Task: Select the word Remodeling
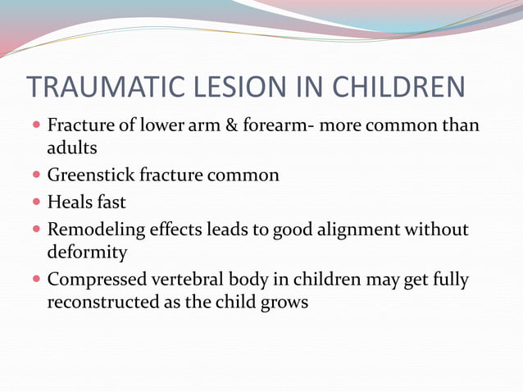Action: point(96,229)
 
